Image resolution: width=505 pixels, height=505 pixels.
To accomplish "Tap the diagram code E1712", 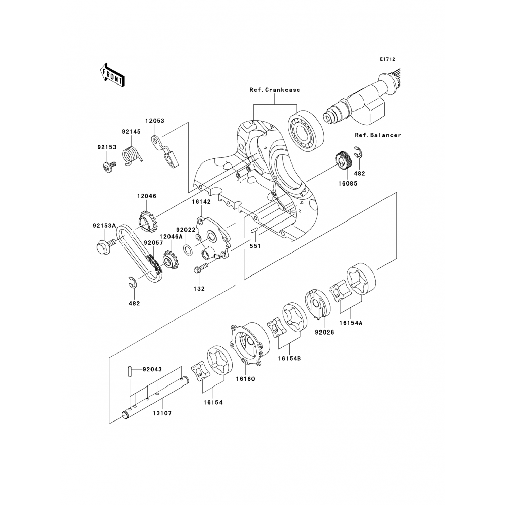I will pyautogui.click(x=387, y=59).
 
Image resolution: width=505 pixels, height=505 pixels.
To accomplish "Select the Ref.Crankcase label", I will pyautogui.click(x=274, y=90).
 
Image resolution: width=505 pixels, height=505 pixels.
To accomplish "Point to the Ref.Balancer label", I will pyautogui.click(x=378, y=135).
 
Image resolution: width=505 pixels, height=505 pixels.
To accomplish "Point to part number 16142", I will pyautogui.click(x=201, y=202).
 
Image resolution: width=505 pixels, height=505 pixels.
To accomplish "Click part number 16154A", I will pyautogui.click(x=350, y=323).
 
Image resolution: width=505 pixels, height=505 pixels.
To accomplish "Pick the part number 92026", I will pyautogui.click(x=324, y=333).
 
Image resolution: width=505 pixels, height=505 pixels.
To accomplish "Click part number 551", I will pyautogui.click(x=255, y=246).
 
